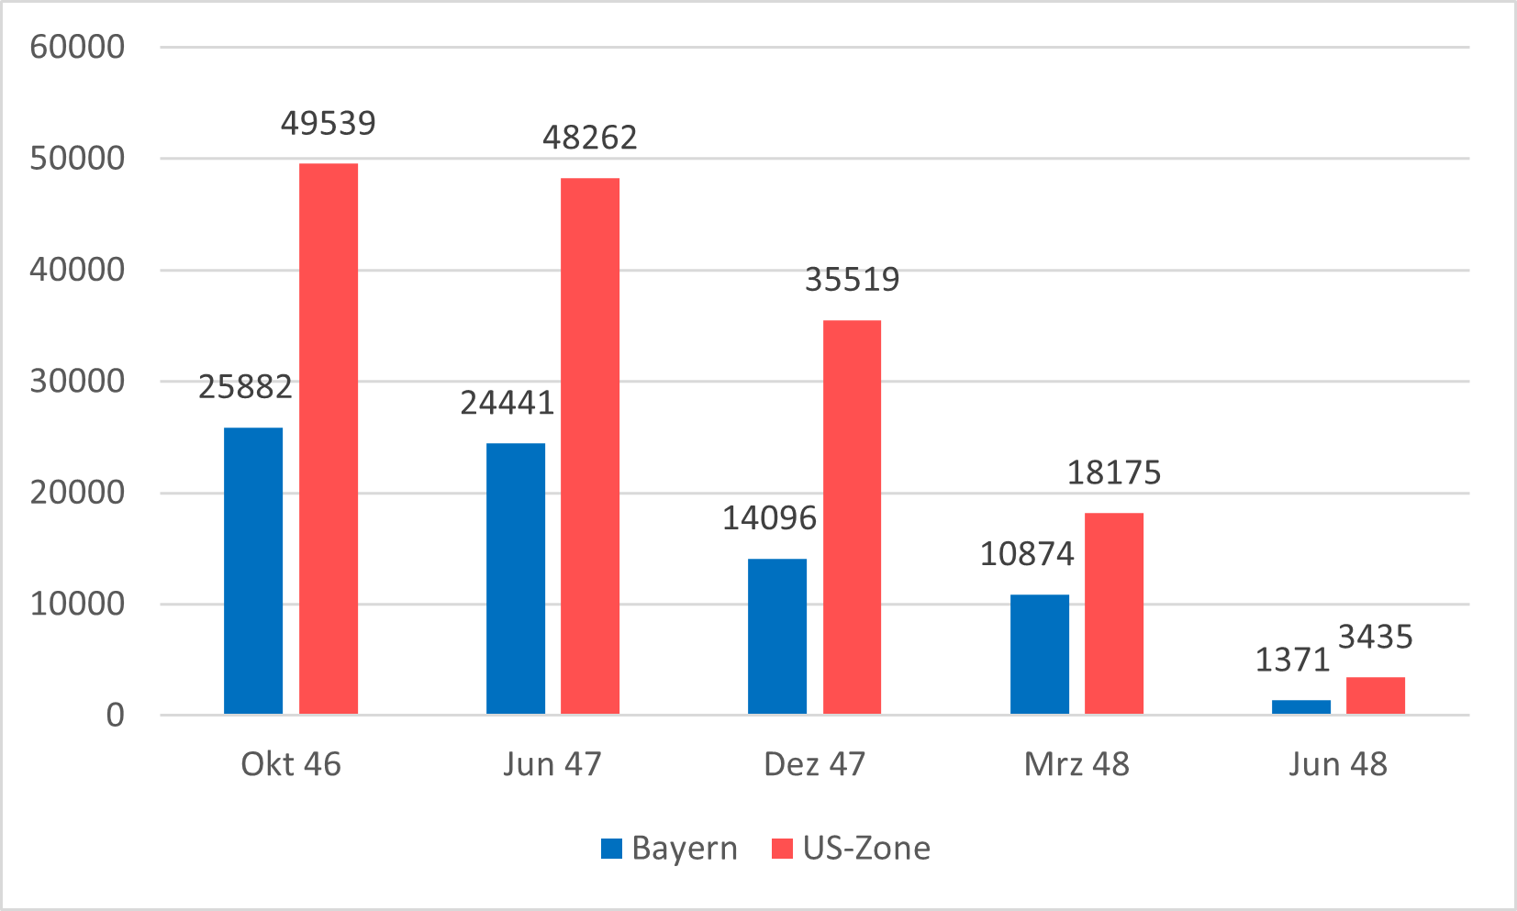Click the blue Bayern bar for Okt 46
point(253,571)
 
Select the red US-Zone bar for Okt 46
point(329,439)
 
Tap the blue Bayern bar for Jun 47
point(516,578)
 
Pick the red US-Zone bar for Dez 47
point(852,517)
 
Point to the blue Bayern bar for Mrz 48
point(1040,654)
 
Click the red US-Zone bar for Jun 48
point(1376,695)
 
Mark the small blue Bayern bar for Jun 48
point(1301,706)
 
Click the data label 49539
point(329,123)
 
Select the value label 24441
point(508,403)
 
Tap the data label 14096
point(769,518)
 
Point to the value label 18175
point(1114,472)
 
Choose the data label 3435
point(1376,637)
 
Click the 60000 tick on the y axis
point(77,47)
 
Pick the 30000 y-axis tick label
point(77,382)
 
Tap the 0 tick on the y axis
point(115,716)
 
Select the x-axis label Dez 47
point(815,764)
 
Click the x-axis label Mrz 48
point(1076,764)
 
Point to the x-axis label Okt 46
point(291,764)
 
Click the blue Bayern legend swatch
point(611,849)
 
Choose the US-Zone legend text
point(866,849)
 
